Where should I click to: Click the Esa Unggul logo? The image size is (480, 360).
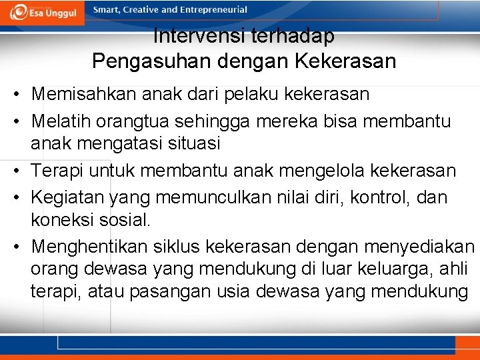(44, 11)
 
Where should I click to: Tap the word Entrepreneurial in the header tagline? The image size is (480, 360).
(209, 10)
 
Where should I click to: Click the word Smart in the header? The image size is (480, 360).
(107, 10)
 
